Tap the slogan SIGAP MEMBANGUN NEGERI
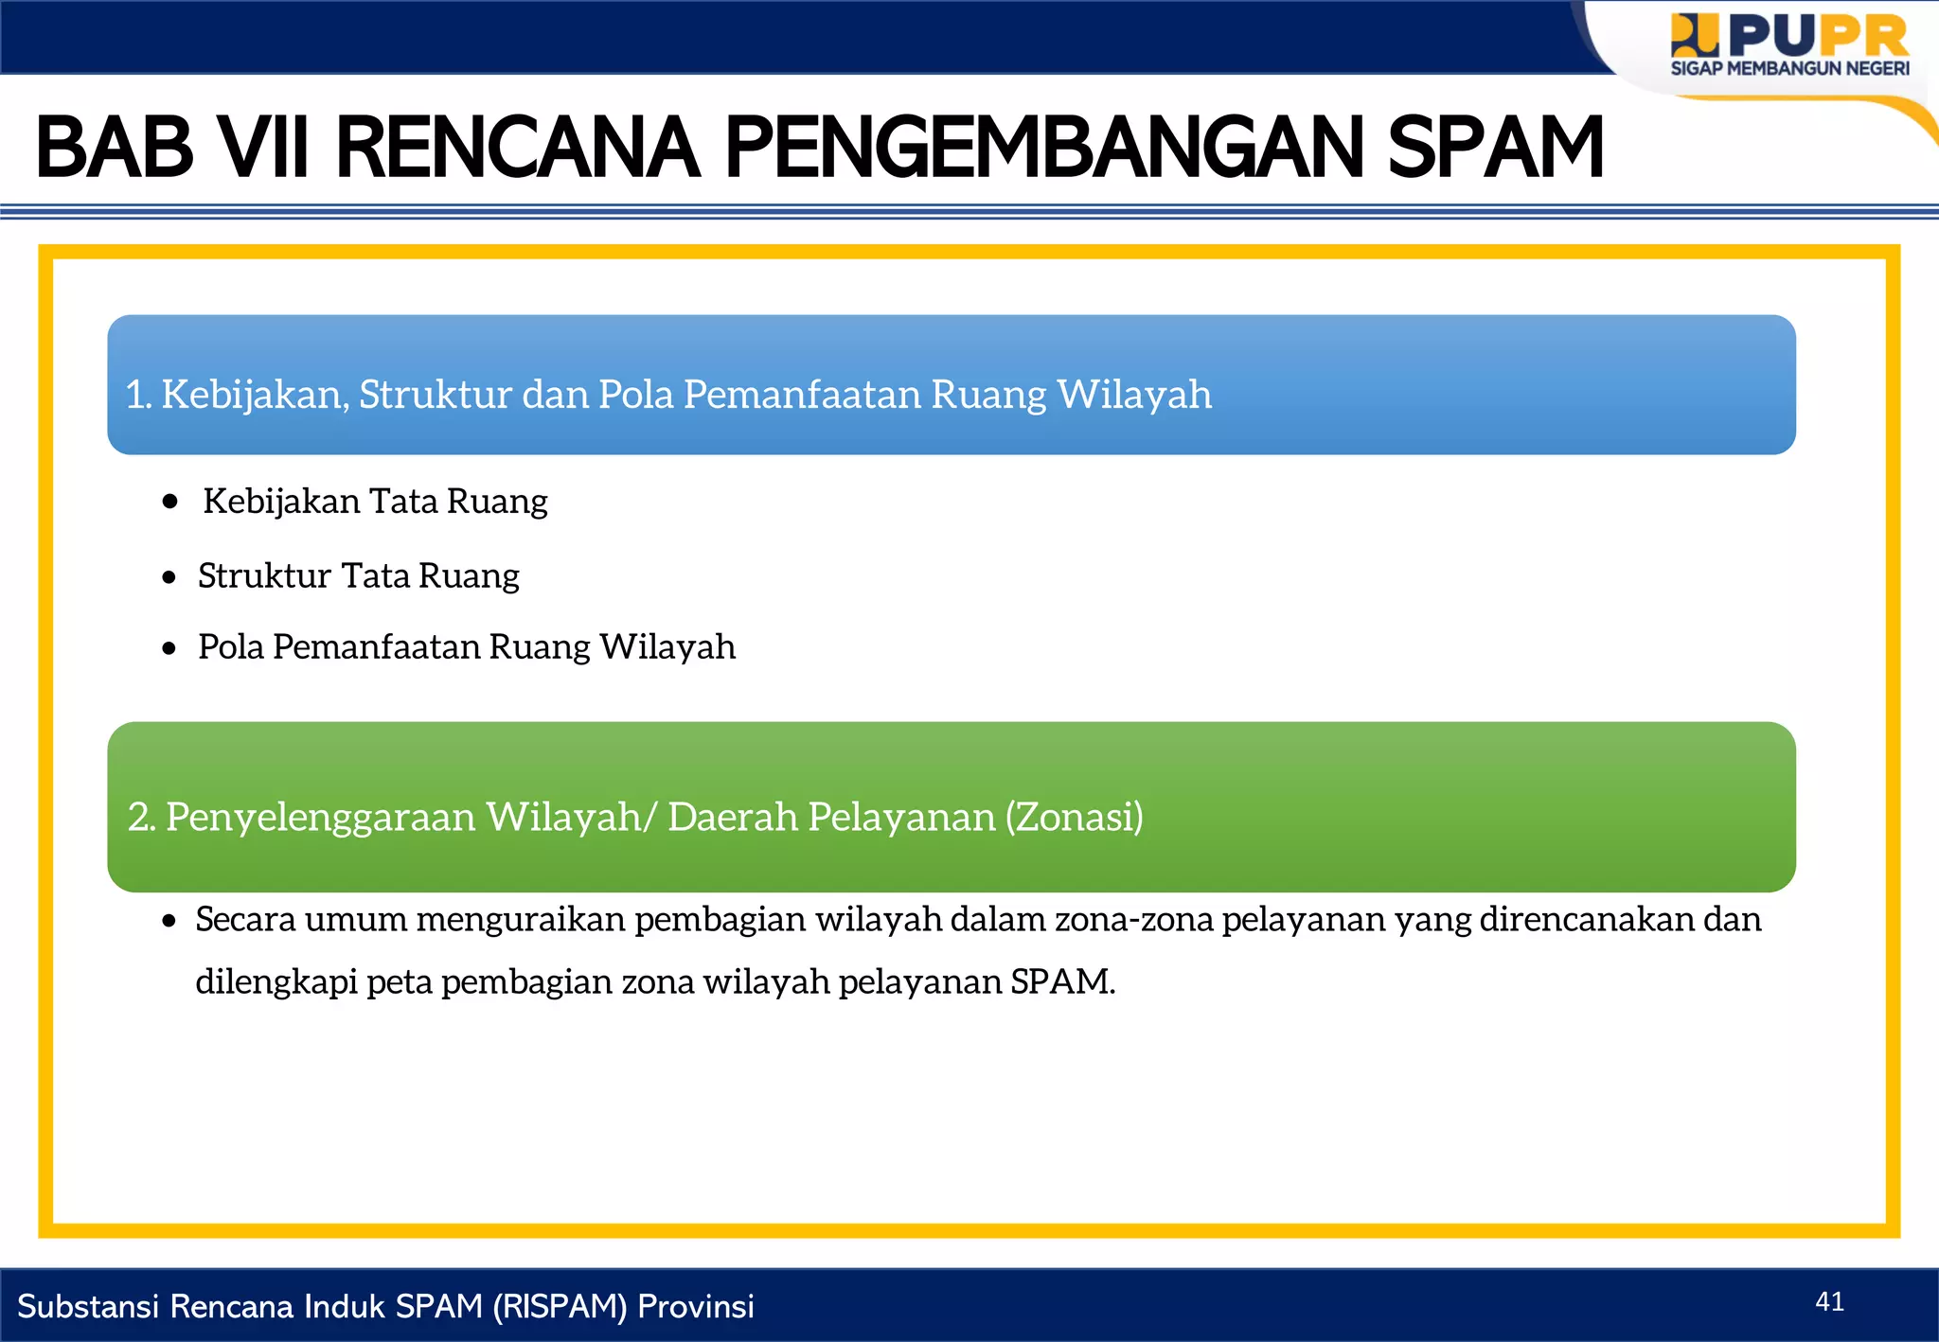pyautogui.click(x=1789, y=69)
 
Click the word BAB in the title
pyautogui.click(x=115, y=148)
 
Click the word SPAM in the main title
pyautogui.click(x=1496, y=148)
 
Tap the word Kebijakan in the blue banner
pyautogui.click(x=255, y=395)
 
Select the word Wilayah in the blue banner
pyautogui.click(x=1134, y=395)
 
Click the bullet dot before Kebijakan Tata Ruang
pyautogui.click(x=170, y=502)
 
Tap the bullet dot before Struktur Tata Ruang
pyautogui.click(x=169, y=576)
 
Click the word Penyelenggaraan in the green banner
pyautogui.click(x=320, y=817)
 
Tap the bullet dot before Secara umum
pyautogui.click(x=169, y=921)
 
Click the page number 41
pyautogui.click(x=1829, y=1302)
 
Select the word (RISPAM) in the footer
pyautogui.click(x=560, y=1307)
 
